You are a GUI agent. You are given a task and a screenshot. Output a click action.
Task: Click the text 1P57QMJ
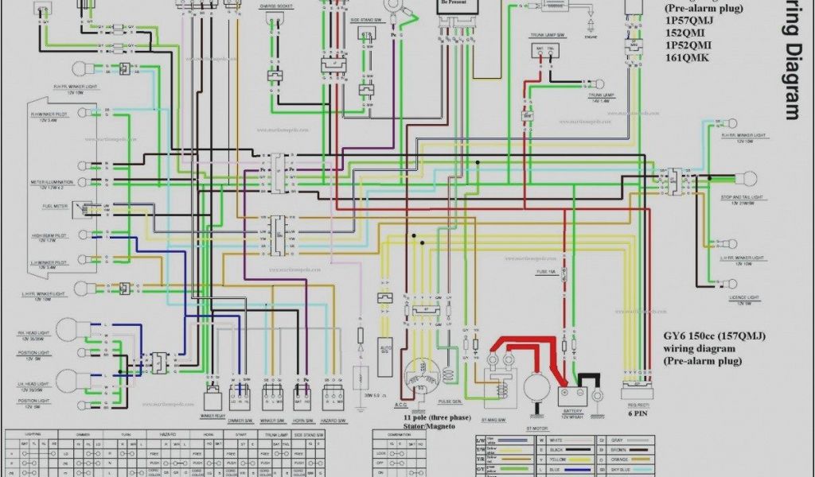click(690, 21)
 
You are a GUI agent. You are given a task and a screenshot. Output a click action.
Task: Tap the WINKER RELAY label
click(213, 416)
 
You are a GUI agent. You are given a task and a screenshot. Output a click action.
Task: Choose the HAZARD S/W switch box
click(332, 397)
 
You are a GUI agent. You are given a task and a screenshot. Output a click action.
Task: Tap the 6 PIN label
click(637, 413)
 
